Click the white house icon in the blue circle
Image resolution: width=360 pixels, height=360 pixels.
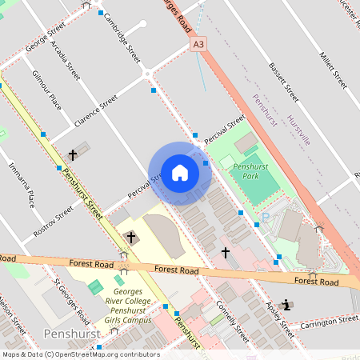coord(180,172)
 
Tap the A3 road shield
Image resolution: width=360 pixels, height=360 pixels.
coord(198,46)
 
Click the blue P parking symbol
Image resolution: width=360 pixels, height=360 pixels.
coord(266,218)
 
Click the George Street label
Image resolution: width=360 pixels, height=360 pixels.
coord(45,37)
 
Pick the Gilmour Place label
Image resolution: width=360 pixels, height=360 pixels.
coord(46,89)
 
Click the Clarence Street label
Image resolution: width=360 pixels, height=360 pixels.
coord(95,111)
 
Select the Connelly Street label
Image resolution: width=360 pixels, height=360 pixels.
coord(228,318)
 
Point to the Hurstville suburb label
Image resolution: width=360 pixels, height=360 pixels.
coord(302,128)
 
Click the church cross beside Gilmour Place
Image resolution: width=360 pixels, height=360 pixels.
coord(73,154)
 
